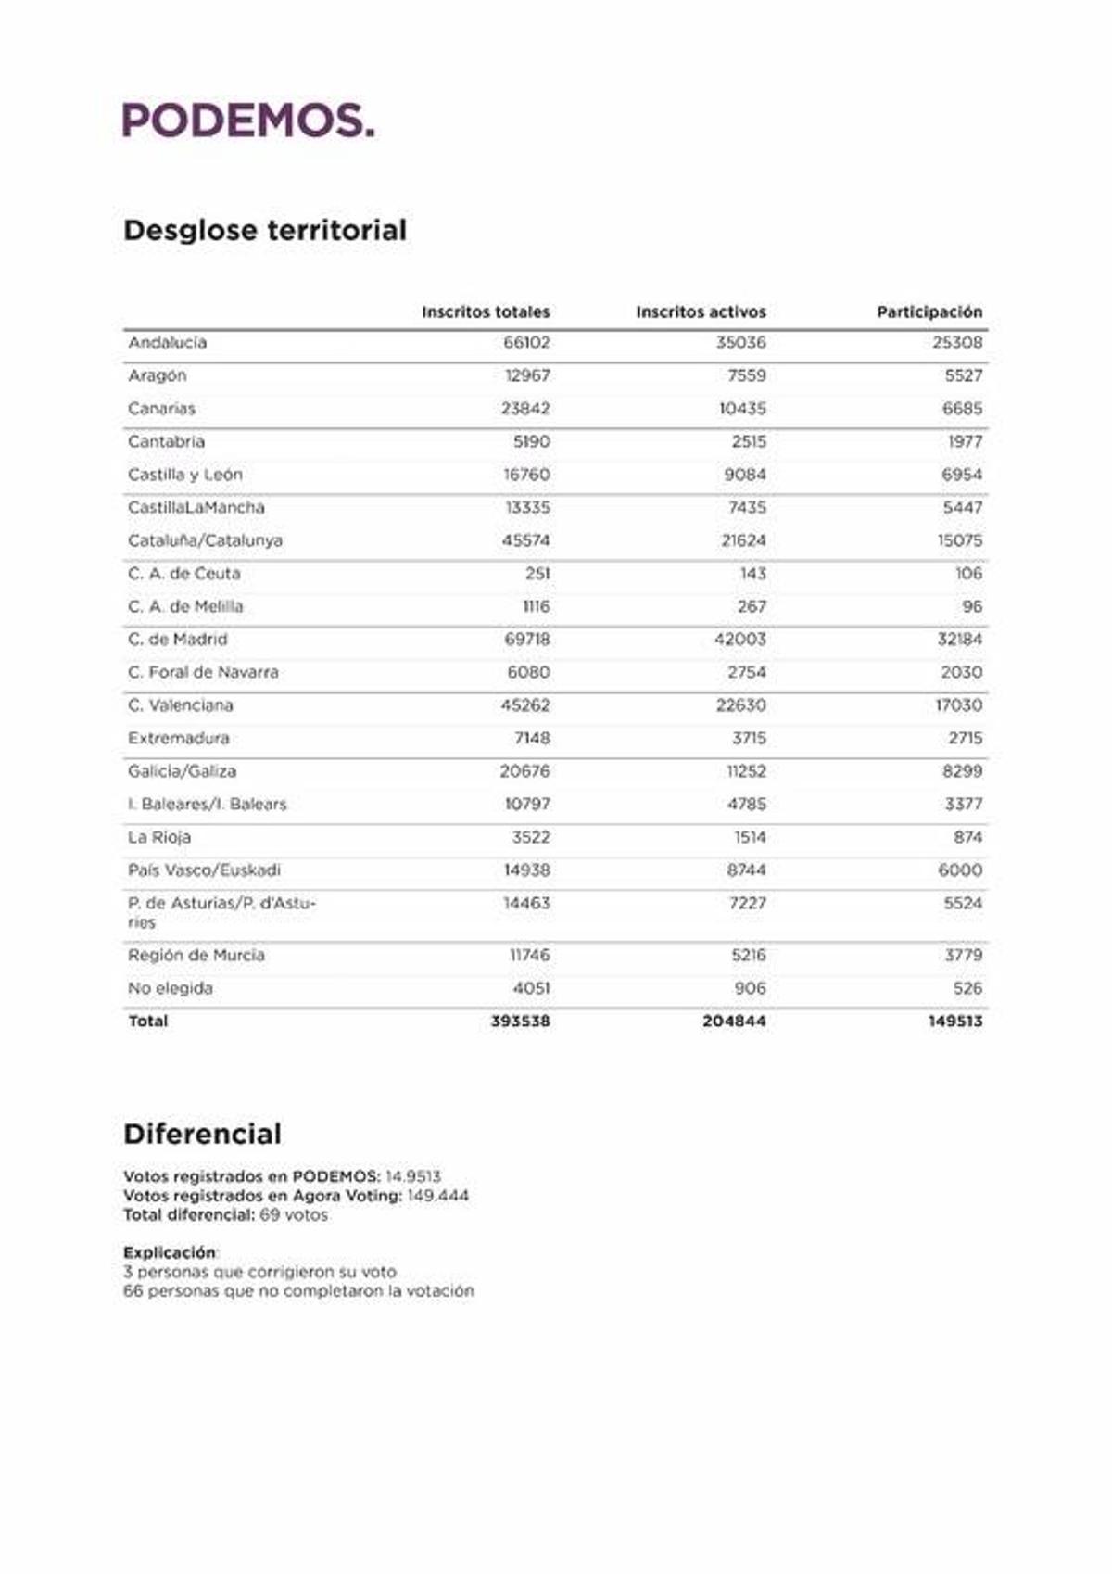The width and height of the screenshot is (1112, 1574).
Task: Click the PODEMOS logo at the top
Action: (248, 121)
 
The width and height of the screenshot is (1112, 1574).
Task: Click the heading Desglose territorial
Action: (265, 230)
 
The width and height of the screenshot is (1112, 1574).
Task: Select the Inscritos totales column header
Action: (485, 311)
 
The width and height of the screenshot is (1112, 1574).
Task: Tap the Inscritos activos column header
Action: (701, 311)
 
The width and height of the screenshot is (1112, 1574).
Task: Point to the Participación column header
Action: (929, 311)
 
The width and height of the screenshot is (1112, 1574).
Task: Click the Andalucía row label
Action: (168, 343)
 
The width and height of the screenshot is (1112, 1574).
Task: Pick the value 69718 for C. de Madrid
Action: (526, 640)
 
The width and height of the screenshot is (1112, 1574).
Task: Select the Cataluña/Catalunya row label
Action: (205, 540)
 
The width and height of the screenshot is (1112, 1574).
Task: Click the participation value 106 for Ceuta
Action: (968, 574)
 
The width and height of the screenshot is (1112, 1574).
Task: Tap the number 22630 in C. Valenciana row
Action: (740, 705)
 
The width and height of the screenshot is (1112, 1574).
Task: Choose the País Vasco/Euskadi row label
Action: (204, 870)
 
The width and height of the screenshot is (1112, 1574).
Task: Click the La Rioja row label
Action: (159, 837)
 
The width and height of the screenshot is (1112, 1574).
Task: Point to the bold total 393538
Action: (520, 1022)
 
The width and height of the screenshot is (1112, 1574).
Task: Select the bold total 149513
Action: (955, 1022)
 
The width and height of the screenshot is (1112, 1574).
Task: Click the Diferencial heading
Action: (202, 1134)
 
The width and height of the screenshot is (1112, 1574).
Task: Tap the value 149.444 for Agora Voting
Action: (437, 1196)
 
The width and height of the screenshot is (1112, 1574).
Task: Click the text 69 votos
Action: (293, 1215)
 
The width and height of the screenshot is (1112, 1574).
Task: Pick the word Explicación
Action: (169, 1252)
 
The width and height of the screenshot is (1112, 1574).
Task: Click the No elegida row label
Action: (171, 988)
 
